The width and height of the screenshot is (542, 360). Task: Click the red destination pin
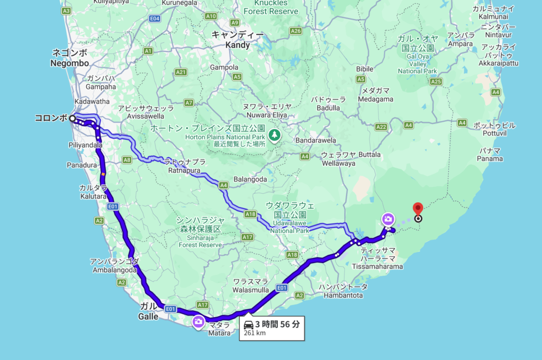coord(418,210)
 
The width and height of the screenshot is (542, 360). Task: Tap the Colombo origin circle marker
coord(72,119)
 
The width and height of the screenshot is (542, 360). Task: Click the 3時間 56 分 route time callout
coord(272,328)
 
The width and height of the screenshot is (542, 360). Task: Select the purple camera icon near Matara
coord(198,321)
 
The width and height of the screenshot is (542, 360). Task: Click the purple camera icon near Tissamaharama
coord(388,219)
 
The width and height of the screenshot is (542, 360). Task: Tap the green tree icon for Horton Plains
coord(274,135)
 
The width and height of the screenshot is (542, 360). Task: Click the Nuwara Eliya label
coord(265,110)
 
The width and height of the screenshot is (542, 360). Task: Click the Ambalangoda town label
coord(114,265)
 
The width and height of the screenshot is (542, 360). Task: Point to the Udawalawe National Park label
coord(290,222)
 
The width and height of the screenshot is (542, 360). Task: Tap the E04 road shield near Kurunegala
coord(155,19)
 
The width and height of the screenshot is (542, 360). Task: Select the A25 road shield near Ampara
coord(436,82)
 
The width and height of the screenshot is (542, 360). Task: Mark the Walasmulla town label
coord(250,286)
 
